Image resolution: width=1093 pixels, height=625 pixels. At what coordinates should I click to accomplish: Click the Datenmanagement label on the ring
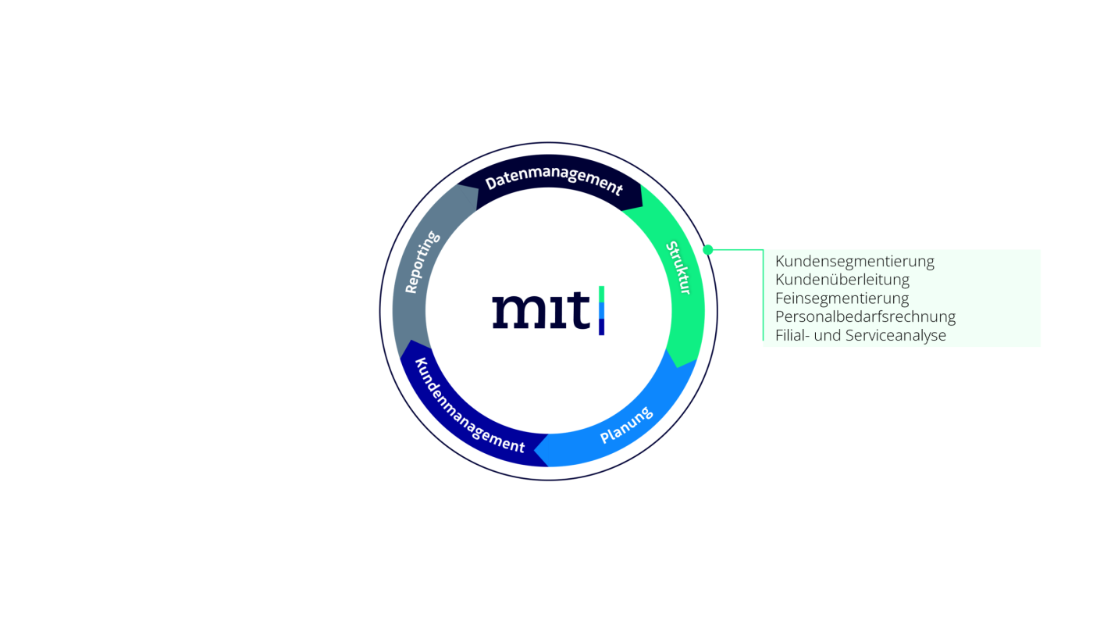pos(554,180)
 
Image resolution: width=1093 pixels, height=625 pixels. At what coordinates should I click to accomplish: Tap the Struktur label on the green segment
pos(678,267)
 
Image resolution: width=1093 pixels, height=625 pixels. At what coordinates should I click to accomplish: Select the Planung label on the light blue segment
pos(626,425)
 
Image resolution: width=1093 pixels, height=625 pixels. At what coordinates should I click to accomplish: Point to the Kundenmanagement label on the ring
pos(469,405)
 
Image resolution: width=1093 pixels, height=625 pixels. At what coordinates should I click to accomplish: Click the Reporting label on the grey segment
pos(422,262)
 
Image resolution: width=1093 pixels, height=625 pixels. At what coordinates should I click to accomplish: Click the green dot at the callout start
pos(708,250)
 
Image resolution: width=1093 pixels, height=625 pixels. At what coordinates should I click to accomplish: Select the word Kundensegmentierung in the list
pos(854,261)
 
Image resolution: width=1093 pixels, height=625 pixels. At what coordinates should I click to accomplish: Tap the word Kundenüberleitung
pos(842,280)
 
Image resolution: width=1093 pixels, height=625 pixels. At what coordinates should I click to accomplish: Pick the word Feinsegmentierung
pos(842,298)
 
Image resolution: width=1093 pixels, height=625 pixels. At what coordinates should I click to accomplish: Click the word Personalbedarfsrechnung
pos(865,317)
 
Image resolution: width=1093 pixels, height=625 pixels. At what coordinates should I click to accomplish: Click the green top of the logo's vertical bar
pos(602,294)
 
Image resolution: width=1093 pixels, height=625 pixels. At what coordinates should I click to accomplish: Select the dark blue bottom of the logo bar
pos(602,327)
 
